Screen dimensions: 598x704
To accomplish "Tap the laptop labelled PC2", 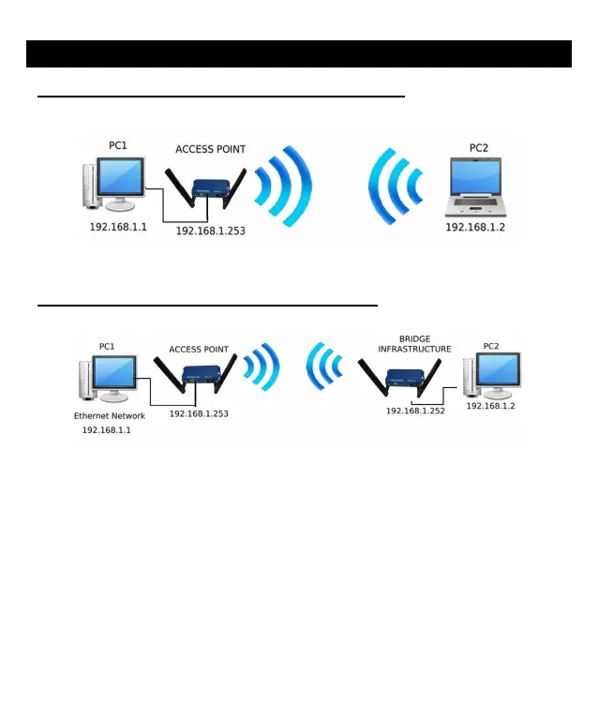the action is tap(474, 188).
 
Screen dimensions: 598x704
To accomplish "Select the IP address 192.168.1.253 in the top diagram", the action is tap(210, 231).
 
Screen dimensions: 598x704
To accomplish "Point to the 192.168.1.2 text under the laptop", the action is tap(474, 228).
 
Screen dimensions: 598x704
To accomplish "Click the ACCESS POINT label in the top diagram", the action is tap(211, 149).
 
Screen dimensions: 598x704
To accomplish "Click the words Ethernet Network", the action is tap(110, 414).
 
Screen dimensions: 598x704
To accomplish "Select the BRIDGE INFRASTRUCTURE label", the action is tap(413, 344).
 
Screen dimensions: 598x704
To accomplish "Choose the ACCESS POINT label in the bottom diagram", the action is tap(198, 350).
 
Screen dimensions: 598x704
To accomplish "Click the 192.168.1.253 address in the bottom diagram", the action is tap(199, 412).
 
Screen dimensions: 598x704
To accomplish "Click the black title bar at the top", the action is tap(298, 54).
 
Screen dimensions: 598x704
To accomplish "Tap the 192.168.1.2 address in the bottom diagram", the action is tap(491, 406).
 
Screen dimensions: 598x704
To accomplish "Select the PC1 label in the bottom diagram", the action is tap(107, 347).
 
